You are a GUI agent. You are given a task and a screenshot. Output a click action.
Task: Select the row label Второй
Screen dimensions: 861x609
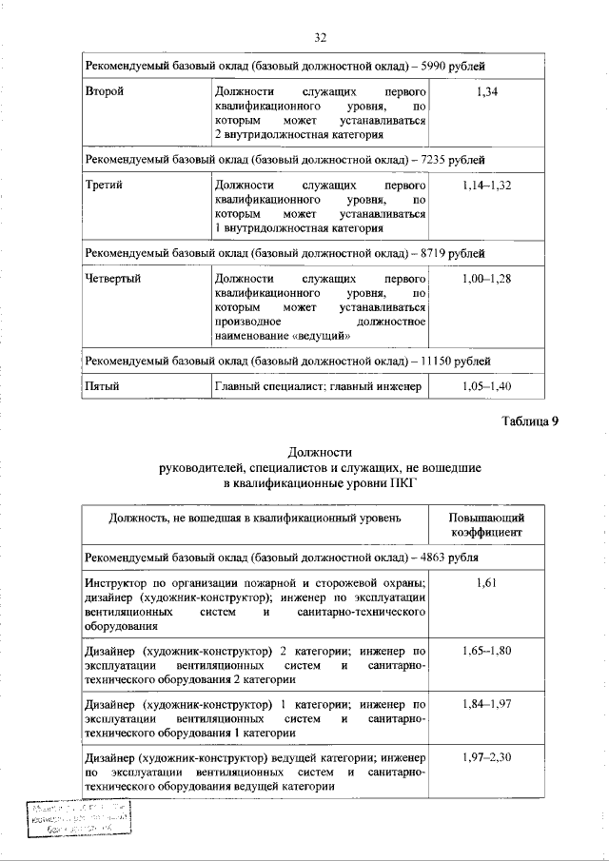point(105,91)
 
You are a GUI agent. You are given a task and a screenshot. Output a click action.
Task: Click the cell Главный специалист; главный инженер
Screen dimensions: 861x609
point(319,387)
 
